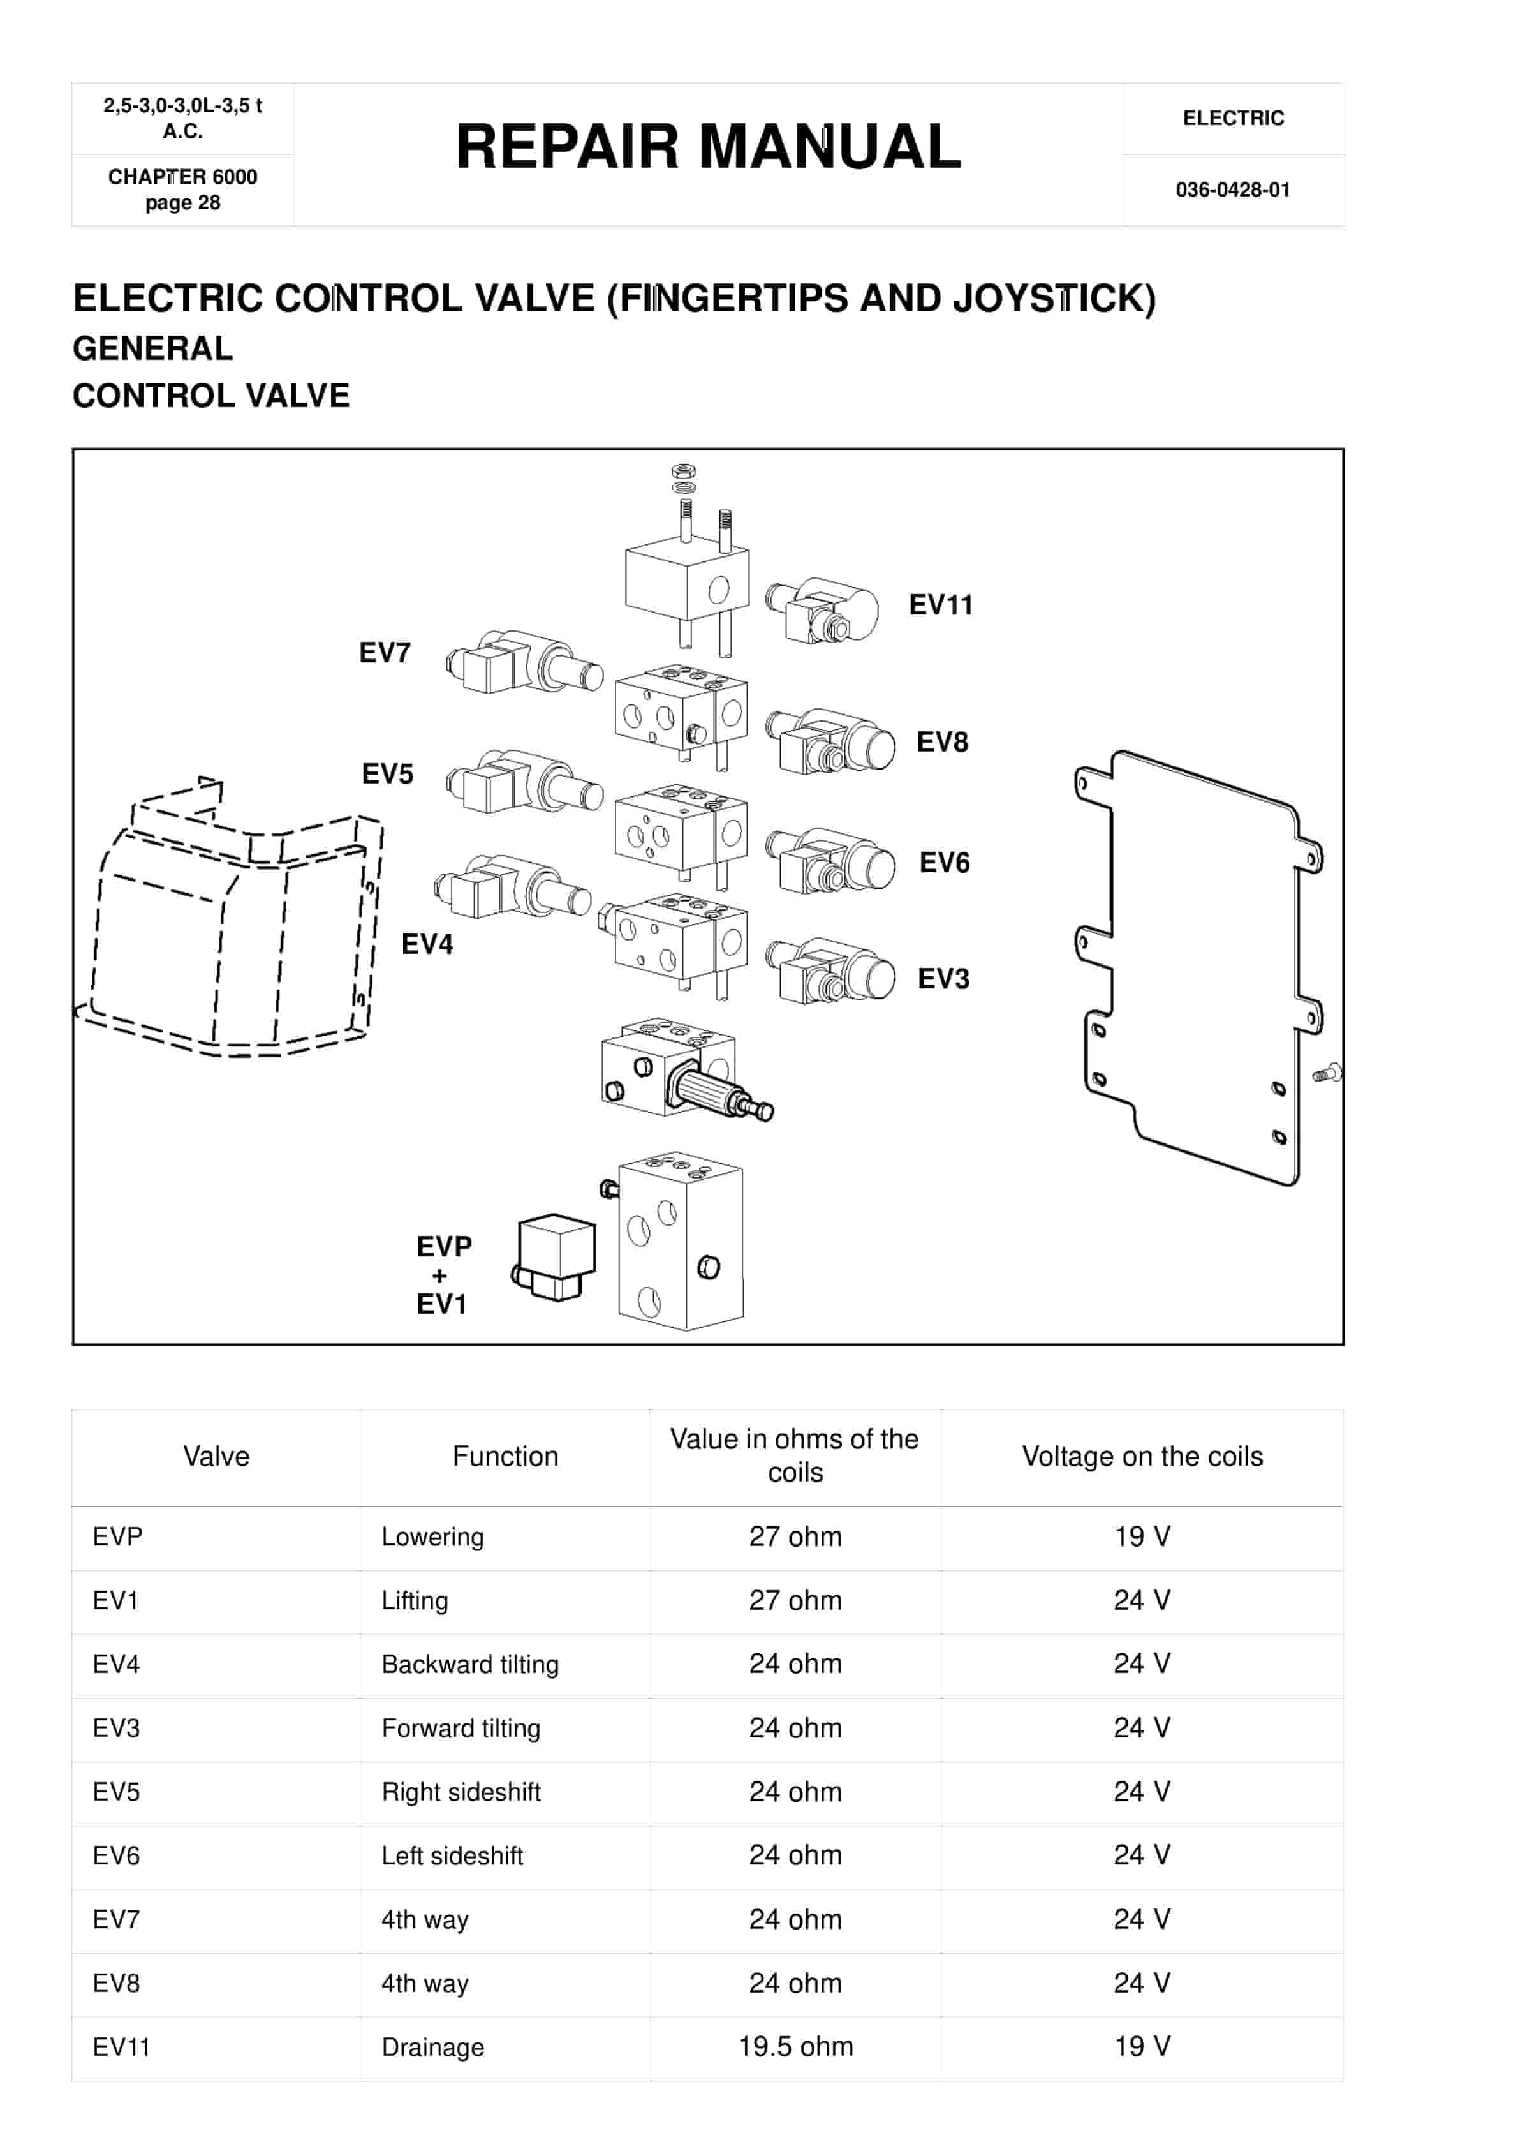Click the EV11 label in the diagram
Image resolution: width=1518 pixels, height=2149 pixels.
[x=941, y=605]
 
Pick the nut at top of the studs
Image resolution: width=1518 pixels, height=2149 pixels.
[x=684, y=471]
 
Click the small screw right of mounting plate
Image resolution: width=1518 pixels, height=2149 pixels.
[x=1327, y=1074]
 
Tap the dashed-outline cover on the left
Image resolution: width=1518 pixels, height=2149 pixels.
[x=234, y=926]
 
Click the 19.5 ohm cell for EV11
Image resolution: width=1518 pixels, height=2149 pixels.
[x=795, y=2047]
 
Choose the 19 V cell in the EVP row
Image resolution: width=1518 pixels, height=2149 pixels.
[x=1141, y=1537]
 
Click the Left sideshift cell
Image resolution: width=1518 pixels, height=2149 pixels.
[x=452, y=1856]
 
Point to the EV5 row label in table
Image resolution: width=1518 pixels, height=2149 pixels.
[x=116, y=1792]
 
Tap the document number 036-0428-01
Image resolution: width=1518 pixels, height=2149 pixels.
[x=1232, y=190]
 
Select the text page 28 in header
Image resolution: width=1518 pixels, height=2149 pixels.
[x=182, y=203]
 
